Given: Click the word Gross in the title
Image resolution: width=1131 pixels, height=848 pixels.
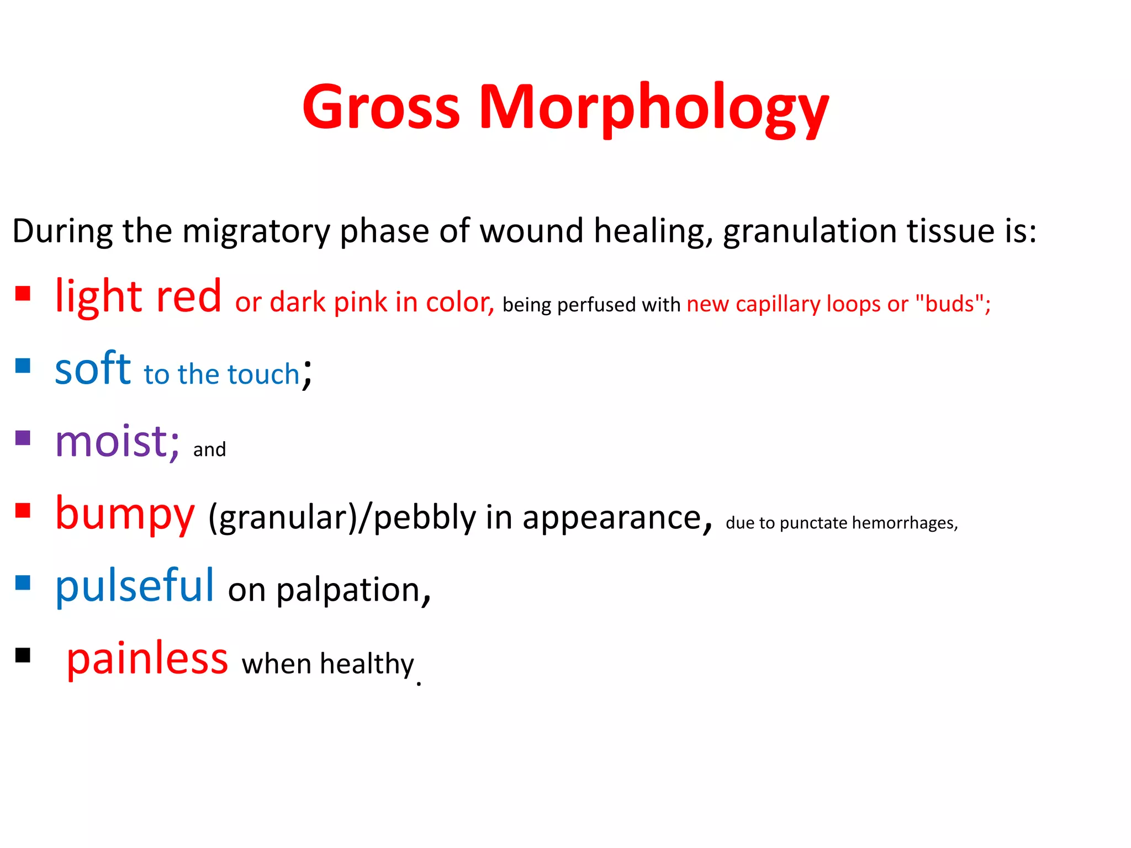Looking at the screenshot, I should point(381,108).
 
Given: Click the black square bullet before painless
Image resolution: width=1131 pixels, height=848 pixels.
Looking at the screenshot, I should point(23,655).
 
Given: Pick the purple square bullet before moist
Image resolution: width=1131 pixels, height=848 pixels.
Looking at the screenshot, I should point(23,438).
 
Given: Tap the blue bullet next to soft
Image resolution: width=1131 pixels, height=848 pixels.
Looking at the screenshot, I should point(23,365).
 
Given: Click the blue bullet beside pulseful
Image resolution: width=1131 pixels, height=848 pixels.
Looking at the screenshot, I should point(23,582).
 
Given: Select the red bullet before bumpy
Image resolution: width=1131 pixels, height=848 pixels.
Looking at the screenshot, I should point(23,510).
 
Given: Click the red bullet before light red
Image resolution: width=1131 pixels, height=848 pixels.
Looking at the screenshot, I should point(23,293).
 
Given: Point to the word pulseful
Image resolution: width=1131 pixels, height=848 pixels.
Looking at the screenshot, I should point(134,586).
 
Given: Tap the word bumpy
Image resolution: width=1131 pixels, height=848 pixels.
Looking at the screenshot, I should point(125,514).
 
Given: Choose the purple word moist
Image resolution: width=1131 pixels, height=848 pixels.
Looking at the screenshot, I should point(117,442).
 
